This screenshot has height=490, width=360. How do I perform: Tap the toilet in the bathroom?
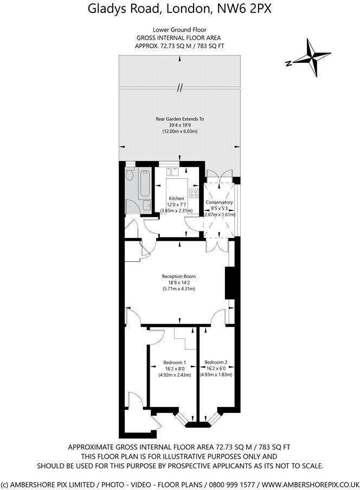[130, 176]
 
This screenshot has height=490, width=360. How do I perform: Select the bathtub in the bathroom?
[145, 182]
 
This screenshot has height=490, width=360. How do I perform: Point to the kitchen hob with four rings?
[194, 192]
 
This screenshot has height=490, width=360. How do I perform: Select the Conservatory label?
[219, 202]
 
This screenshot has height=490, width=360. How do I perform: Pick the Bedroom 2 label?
[215, 362]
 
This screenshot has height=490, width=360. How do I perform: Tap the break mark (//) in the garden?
[179, 87]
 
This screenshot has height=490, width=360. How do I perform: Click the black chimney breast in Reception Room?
[229, 282]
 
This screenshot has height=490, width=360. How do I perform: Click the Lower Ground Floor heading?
[179, 29]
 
